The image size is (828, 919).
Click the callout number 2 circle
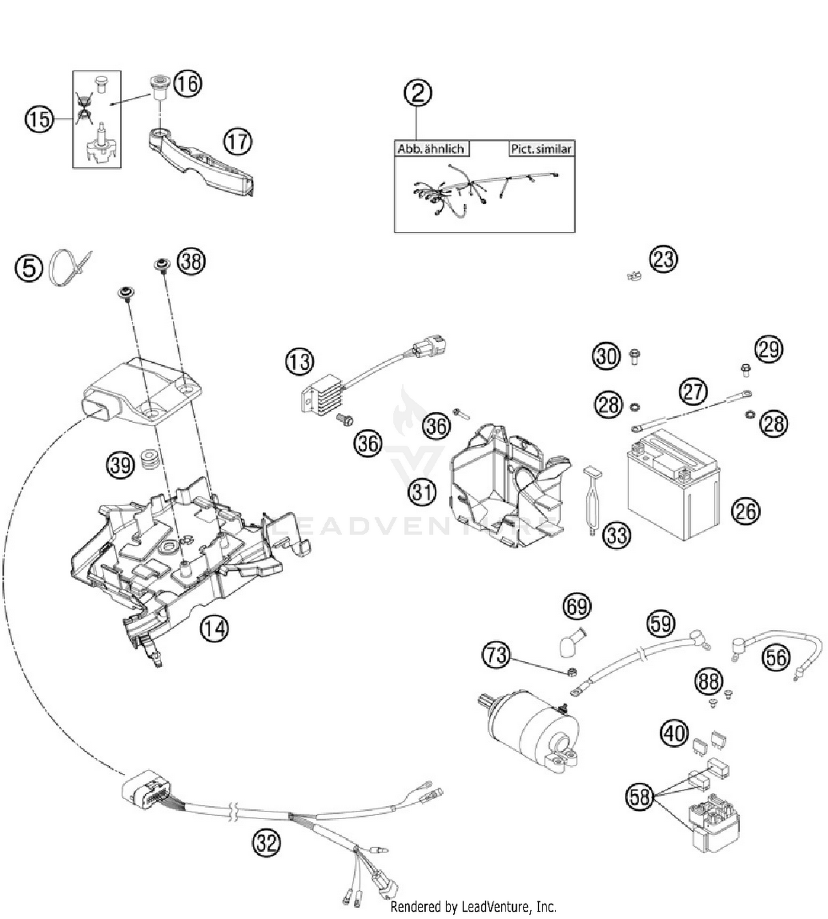point(418,93)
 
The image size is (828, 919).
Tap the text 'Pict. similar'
point(540,149)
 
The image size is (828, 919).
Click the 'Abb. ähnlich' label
point(431,149)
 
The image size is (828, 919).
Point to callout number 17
point(237,142)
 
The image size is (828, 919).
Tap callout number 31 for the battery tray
point(422,491)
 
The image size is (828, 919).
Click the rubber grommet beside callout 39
point(148,459)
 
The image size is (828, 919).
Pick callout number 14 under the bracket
point(214,628)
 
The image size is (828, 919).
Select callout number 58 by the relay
point(640,796)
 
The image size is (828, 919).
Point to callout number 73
point(496,655)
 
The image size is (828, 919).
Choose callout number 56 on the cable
point(776,657)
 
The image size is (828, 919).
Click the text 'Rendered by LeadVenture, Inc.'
point(473,906)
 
